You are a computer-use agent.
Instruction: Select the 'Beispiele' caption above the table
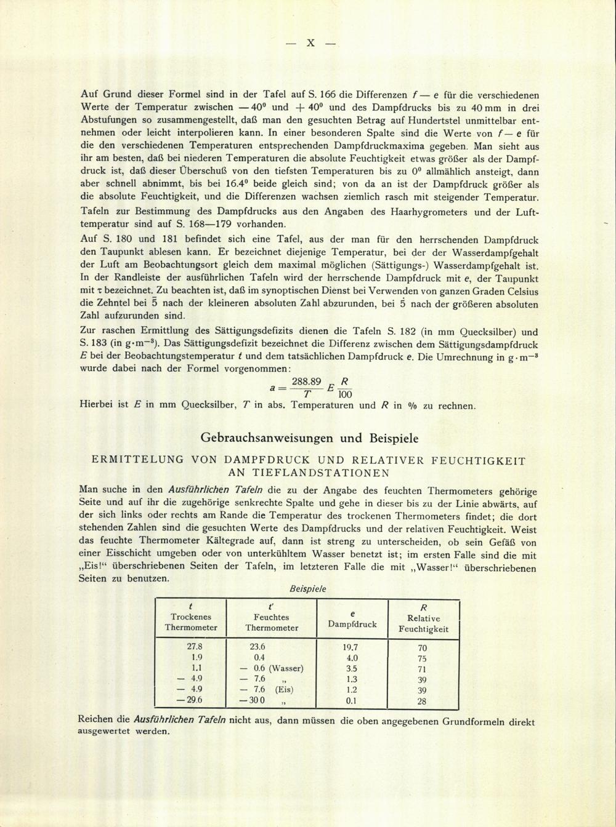307,588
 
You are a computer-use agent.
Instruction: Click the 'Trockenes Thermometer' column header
191,621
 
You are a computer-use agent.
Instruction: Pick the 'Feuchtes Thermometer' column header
272,621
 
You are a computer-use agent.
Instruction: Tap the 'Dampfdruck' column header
352,623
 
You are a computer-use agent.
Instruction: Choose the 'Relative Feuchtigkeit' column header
423,623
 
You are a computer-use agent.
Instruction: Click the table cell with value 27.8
195,647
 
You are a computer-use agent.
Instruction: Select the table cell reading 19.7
351,647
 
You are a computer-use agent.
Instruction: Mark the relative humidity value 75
422,658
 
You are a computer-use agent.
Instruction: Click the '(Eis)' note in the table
285,690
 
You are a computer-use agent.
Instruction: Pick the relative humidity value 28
422,701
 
